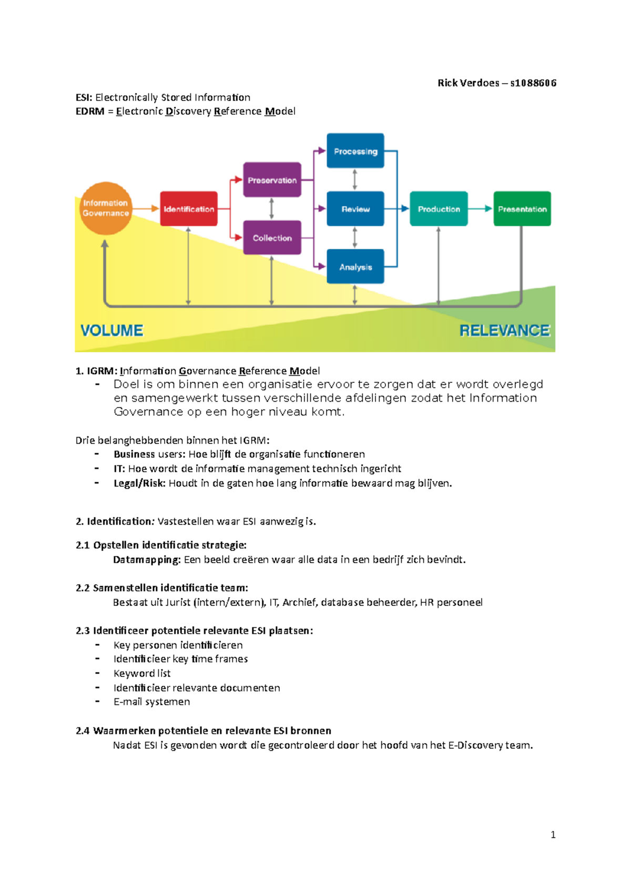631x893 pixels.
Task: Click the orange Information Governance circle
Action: pyautogui.click(x=106, y=208)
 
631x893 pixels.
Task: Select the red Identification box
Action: pyautogui.click(x=189, y=209)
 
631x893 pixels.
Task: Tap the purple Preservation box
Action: pyautogui.click(x=272, y=180)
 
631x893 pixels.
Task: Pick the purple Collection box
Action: pyautogui.click(x=272, y=238)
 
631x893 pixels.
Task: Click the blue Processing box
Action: pyautogui.click(x=355, y=151)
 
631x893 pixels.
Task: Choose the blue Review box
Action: pyautogui.click(x=355, y=209)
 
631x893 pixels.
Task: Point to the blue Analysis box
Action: pyautogui.click(x=355, y=267)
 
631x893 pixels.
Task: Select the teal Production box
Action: pyautogui.click(x=439, y=209)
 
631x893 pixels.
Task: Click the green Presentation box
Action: pyautogui.click(x=522, y=209)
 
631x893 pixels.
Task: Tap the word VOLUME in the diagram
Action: pyautogui.click(x=111, y=330)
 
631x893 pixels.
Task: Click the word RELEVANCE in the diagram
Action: pyautogui.click(x=504, y=330)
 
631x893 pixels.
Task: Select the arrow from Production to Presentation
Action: pyautogui.click(x=480, y=209)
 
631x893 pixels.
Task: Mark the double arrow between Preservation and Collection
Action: pyautogui.click(x=271, y=209)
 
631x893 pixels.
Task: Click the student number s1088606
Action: pyautogui.click(x=533, y=83)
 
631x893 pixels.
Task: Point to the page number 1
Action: pyautogui.click(x=553, y=835)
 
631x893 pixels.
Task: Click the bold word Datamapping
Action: pyautogui.click(x=147, y=560)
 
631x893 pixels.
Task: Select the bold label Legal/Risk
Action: pyautogui.click(x=139, y=483)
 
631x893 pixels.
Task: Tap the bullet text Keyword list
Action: pyautogui.click(x=142, y=673)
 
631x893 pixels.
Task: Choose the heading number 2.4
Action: pyautogui.click(x=83, y=730)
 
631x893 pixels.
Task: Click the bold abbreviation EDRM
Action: pyautogui.click(x=90, y=111)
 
